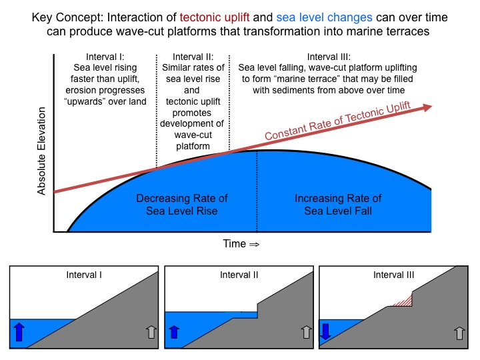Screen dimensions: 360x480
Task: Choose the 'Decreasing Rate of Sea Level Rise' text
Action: coord(182,205)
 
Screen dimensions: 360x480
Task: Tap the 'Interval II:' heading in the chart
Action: coord(192,56)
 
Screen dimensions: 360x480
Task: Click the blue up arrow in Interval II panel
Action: coord(174,332)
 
